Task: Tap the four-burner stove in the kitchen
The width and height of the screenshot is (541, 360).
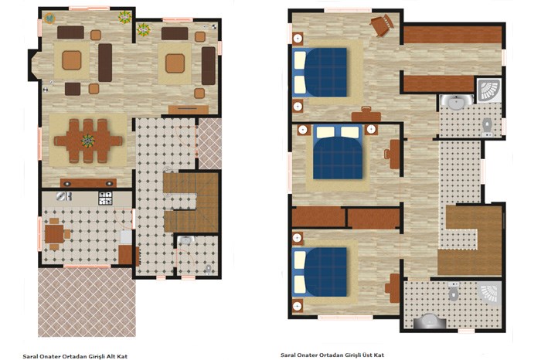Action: (105, 199)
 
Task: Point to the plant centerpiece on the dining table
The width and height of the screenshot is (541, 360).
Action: (88, 141)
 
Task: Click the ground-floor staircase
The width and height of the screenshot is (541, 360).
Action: (191, 202)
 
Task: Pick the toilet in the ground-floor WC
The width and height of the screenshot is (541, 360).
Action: (208, 269)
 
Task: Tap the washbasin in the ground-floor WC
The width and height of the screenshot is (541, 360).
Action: (185, 240)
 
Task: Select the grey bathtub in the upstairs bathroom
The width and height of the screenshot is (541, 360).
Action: (430, 321)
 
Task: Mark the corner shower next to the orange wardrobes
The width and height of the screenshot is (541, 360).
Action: (489, 90)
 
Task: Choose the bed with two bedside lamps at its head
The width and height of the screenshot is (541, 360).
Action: (338, 152)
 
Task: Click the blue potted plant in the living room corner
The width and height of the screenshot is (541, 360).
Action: (50, 19)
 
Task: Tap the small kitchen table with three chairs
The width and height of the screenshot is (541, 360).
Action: (54, 234)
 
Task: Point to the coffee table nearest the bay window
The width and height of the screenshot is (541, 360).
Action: (72, 60)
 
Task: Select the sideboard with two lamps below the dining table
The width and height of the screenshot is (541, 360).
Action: (88, 183)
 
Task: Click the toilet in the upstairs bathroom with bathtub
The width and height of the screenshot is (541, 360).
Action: (454, 293)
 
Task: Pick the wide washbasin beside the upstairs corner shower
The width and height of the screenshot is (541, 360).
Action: (456, 103)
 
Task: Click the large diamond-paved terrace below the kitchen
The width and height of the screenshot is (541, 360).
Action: (87, 302)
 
